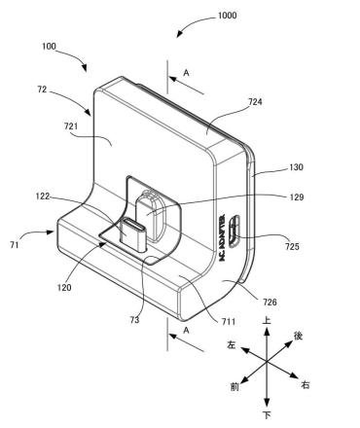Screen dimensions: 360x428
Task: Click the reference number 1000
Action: click(x=227, y=16)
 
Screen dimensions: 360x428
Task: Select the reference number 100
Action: click(x=49, y=47)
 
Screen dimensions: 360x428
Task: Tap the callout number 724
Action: click(x=255, y=102)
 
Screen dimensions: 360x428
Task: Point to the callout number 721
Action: click(x=71, y=125)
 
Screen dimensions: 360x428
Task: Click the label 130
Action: click(x=296, y=167)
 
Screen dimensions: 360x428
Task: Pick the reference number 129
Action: click(x=297, y=197)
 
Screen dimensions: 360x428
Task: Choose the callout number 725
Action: click(x=292, y=247)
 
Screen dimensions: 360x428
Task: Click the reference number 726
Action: click(x=270, y=303)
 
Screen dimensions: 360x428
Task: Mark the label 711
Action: click(x=229, y=321)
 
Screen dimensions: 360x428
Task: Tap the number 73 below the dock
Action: click(x=134, y=320)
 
